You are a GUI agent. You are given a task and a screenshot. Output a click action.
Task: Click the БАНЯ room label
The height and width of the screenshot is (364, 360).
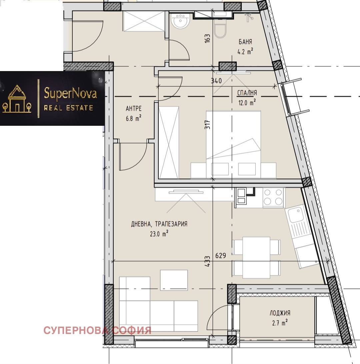[x=245, y=42]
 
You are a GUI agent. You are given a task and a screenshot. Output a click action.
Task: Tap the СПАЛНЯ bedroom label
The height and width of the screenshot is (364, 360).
[x=247, y=93]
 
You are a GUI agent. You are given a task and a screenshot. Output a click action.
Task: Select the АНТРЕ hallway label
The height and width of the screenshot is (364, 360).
[x=134, y=108]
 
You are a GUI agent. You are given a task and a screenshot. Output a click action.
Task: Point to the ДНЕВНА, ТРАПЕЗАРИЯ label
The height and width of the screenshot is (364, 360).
[x=159, y=224]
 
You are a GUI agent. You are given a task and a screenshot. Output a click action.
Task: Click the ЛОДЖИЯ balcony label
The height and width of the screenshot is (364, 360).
[x=280, y=313]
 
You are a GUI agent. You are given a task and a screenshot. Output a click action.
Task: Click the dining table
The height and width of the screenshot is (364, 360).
[x=256, y=257]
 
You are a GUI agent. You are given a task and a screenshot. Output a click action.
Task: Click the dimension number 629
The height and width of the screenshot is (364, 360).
[x=220, y=256]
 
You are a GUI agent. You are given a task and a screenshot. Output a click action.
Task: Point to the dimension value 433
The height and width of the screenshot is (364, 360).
[x=208, y=261]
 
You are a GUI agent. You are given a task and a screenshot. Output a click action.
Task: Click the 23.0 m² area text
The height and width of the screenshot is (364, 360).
[x=159, y=234]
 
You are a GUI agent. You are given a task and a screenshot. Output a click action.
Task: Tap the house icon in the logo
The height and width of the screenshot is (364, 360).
[x=17, y=99]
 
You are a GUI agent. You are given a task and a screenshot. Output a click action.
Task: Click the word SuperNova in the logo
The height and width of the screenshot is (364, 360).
[x=70, y=94]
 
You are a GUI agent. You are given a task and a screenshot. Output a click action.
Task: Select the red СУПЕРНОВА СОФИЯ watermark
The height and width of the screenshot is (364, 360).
[x=97, y=331]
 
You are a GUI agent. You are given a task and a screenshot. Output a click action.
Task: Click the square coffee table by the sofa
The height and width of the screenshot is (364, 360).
[x=174, y=280]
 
